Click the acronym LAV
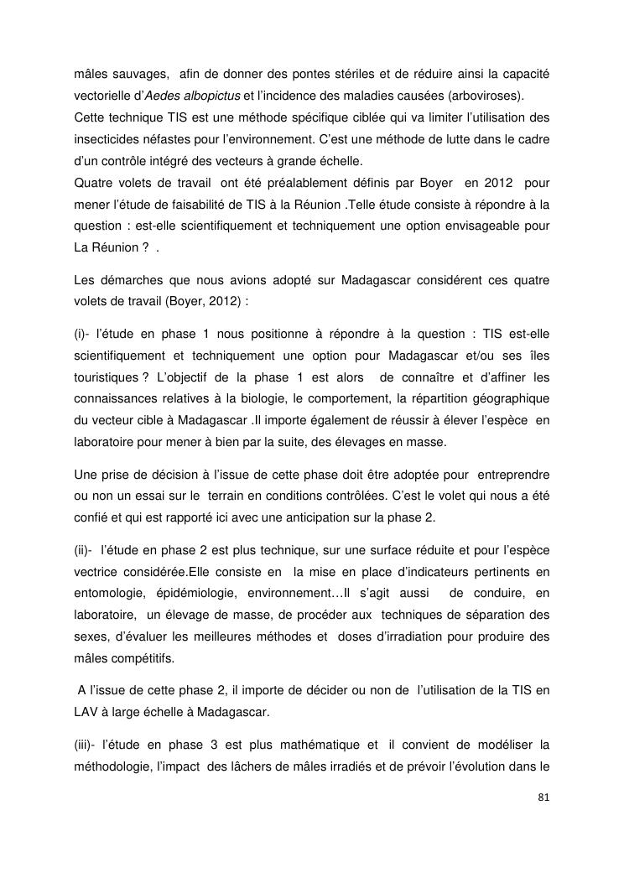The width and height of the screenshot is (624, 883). click(86, 712)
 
